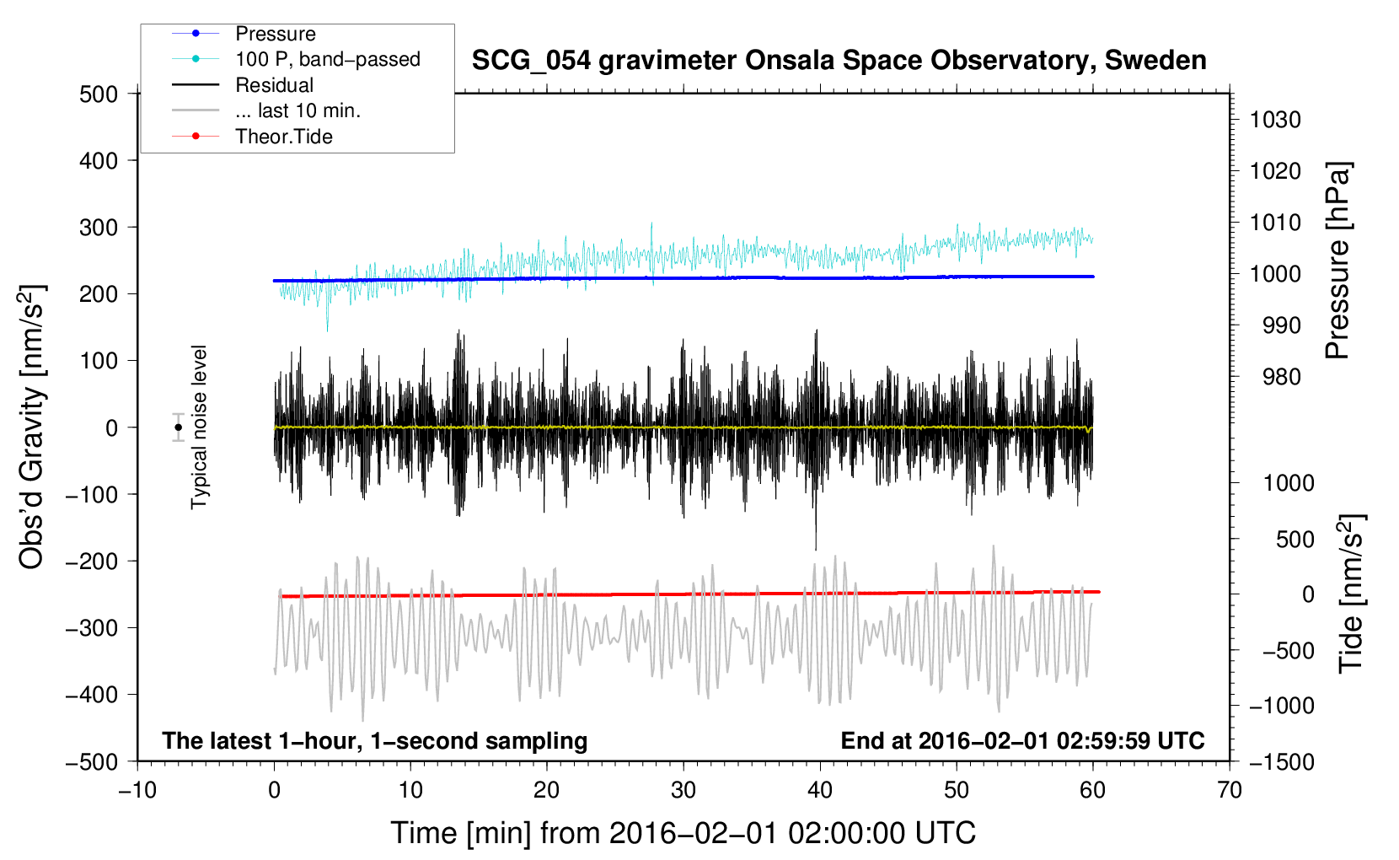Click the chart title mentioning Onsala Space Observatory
[839, 61]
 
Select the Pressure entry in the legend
[275, 34]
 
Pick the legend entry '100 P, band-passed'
[327, 59]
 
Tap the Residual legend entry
[274, 85]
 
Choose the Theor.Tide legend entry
[283, 137]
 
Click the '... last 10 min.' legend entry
[297, 110]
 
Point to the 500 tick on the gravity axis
[99, 94]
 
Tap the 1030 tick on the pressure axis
[1275, 120]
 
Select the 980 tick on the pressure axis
[1281, 377]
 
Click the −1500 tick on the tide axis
[1281, 761]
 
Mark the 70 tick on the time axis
[1230, 790]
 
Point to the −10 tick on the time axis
[137, 790]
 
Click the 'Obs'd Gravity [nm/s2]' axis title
[32, 427]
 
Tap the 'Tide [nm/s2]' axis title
[1351, 594]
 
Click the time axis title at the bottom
[683, 833]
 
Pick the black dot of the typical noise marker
[178, 427]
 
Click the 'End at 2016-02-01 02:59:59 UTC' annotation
[1022, 740]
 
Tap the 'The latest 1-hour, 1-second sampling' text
[374, 740]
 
